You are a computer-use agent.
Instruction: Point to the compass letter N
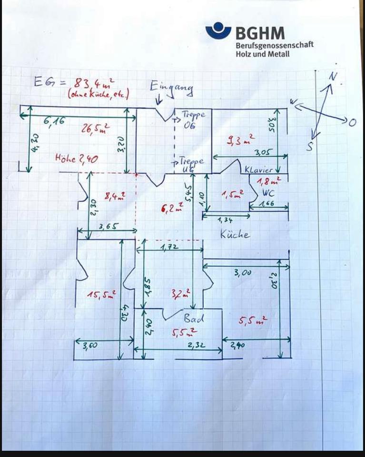coord(334,77)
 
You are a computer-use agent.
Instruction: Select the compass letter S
coord(310,147)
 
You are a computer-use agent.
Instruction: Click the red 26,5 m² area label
coord(97,129)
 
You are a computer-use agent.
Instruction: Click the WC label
coord(269,194)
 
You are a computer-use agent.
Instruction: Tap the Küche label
coord(235,234)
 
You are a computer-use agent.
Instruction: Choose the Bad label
coord(194,318)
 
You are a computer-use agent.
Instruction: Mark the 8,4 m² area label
coord(115,195)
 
